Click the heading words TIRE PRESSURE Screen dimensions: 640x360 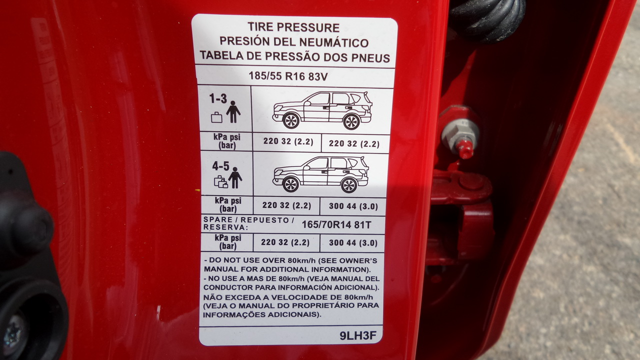point(293,27)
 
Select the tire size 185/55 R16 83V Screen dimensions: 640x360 point(288,76)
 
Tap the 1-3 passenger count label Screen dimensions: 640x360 point(218,99)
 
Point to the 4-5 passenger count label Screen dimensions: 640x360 point(220,166)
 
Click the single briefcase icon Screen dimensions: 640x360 point(216,117)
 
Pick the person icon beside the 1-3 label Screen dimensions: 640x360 point(233,111)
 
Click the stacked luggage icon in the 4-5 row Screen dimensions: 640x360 point(221,181)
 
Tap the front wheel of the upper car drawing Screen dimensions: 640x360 point(291,121)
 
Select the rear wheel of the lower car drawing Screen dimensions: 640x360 point(348,185)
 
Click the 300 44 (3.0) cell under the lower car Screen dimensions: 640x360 point(353,206)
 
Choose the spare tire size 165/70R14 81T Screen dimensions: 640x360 point(336,225)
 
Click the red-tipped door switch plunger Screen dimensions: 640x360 point(464,149)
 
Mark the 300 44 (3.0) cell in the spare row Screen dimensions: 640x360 point(353,243)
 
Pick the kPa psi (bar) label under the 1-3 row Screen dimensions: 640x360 point(227,141)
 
